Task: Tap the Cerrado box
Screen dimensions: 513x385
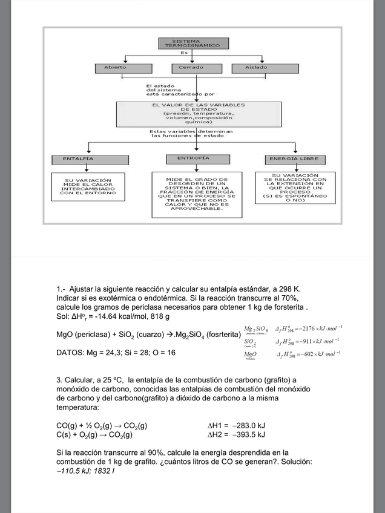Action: [x=191, y=67]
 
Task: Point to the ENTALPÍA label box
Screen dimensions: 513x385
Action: [x=88, y=158]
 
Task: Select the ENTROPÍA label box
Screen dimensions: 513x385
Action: [x=194, y=158]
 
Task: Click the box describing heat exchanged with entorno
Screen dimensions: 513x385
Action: [x=88, y=187]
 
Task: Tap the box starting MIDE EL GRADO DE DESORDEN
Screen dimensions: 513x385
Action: [x=194, y=194]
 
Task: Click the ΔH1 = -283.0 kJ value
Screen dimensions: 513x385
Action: [x=236, y=425]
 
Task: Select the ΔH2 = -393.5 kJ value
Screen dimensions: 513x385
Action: [x=236, y=434]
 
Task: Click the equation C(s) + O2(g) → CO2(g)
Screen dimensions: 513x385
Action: [x=94, y=434]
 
